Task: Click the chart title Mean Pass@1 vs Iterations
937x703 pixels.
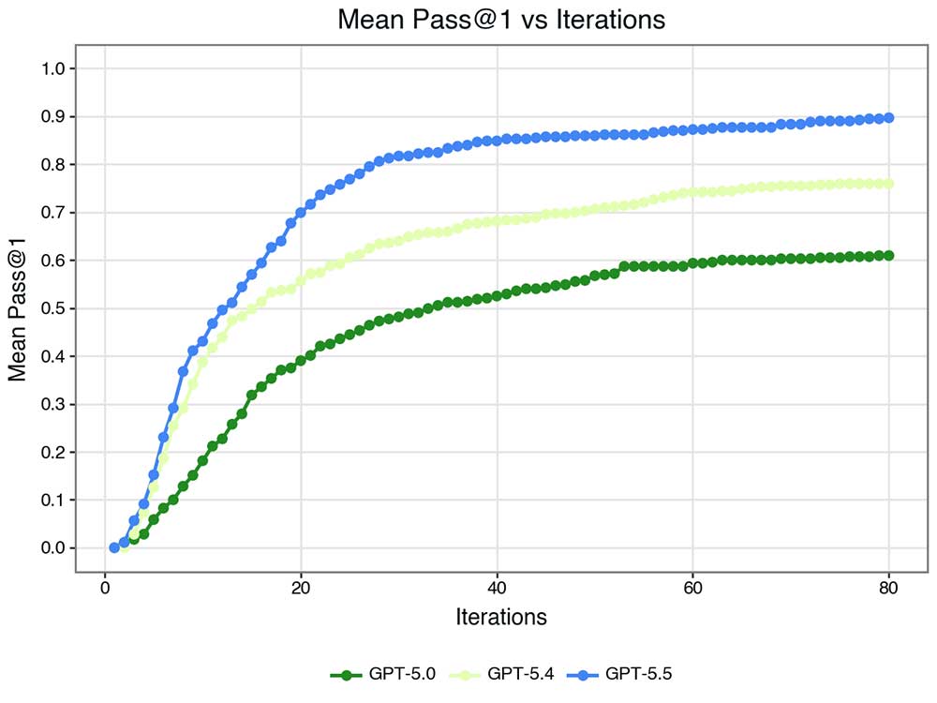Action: (501, 20)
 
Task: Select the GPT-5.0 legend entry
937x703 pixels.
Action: (384, 674)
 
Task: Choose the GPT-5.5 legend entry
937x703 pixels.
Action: (639, 674)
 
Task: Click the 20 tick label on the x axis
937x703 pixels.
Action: (301, 589)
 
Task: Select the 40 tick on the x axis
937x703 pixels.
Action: (497, 589)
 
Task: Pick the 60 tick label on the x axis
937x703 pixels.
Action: (692, 589)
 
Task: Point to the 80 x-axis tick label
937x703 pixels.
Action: (888, 589)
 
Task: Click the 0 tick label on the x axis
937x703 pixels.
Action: (105, 589)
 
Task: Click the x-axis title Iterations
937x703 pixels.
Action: (501, 617)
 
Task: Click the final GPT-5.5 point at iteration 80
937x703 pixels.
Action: (888, 118)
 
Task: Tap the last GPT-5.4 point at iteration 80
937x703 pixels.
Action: (888, 184)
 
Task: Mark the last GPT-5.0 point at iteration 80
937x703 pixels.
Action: (888, 255)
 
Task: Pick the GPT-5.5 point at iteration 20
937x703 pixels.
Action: (301, 213)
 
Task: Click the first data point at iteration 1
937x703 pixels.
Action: (114, 547)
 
